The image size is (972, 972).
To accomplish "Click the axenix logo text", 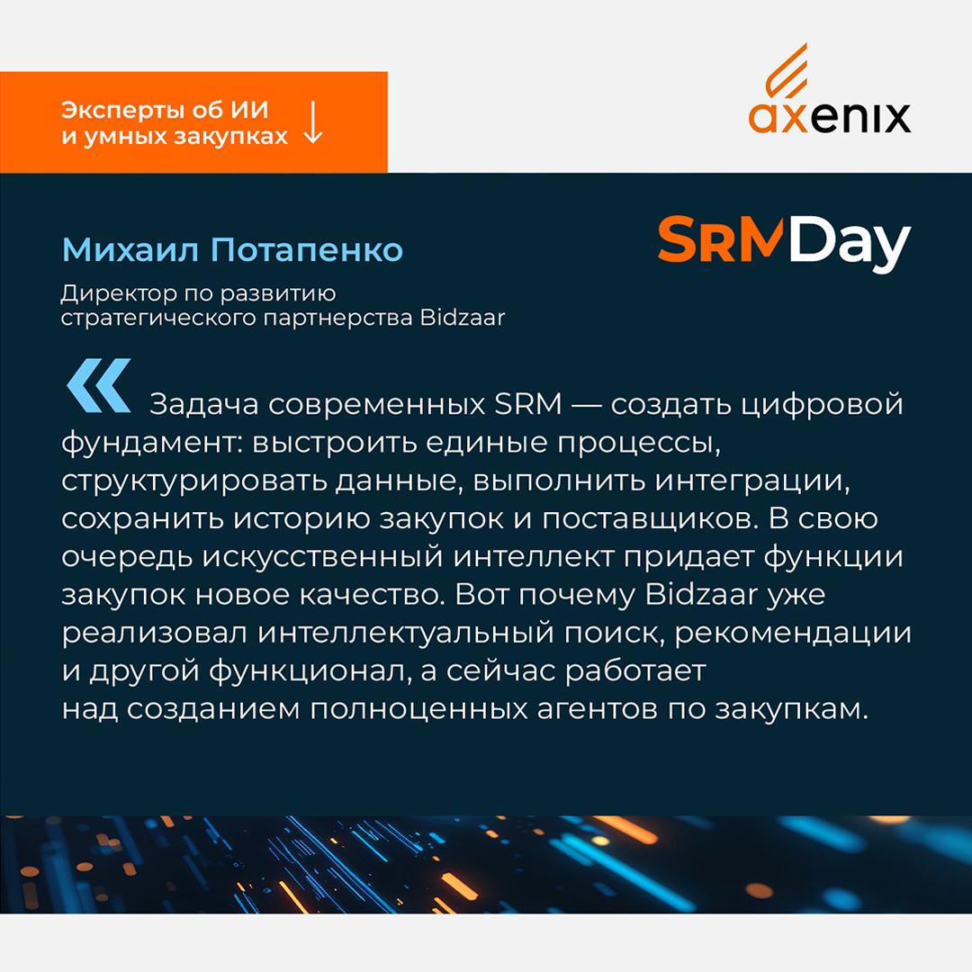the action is point(830,118).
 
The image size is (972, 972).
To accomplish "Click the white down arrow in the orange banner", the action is point(313,122).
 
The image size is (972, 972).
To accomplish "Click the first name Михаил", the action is point(130,249).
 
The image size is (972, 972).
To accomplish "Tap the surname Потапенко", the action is point(307,249).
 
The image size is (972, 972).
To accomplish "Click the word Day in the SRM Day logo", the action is point(850,244).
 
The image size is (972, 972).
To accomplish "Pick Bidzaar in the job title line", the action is point(463,317).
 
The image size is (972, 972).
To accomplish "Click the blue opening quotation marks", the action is point(99,385).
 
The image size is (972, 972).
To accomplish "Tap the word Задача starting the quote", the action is point(204,404).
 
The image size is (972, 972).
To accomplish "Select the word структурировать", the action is point(194,481).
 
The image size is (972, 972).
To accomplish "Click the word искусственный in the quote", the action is point(323,557).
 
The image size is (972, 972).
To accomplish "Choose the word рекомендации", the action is point(793,633).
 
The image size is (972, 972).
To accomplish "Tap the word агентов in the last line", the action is point(598,709).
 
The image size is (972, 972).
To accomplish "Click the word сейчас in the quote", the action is point(501,670).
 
